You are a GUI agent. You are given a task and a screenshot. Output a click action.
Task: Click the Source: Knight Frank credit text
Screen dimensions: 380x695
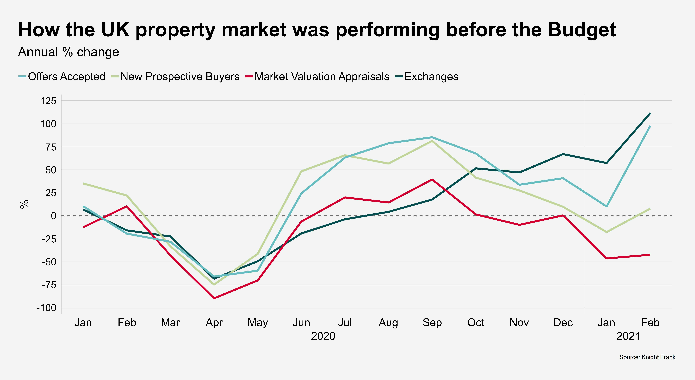pos(647,357)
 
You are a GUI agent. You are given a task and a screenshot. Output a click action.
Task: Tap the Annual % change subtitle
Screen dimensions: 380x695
pos(69,52)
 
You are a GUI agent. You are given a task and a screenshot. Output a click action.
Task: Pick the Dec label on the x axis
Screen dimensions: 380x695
pos(563,323)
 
